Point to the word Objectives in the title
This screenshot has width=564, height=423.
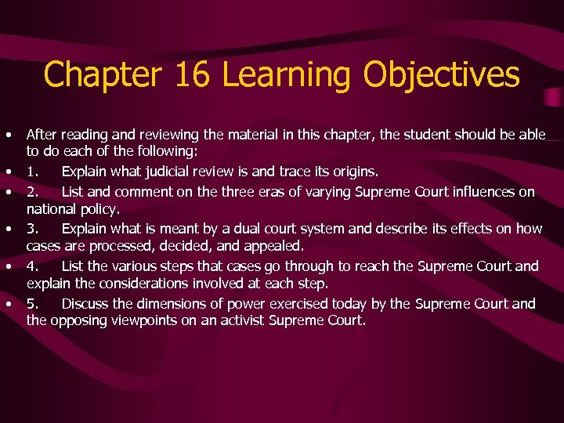[x=441, y=76]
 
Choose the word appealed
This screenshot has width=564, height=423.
[x=274, y=247]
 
